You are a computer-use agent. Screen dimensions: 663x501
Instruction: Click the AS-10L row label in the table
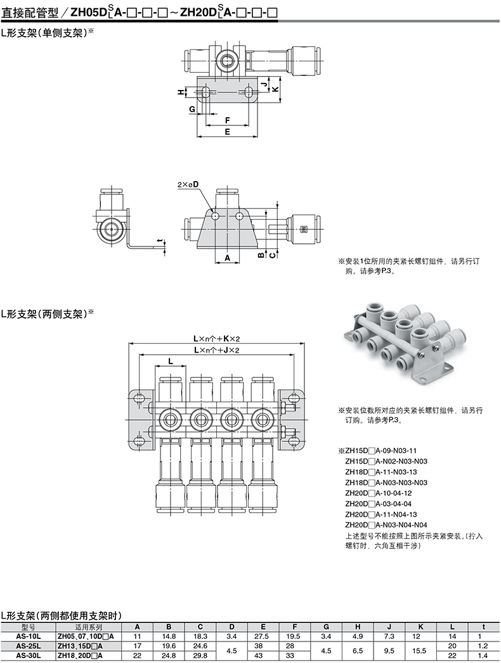click(x=28, y=636)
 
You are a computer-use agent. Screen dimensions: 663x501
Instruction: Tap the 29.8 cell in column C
click(x=200, y=655)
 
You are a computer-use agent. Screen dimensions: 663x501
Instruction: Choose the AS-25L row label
click(x=28, y=645)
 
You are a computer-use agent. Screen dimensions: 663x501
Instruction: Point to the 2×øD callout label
click(x=188, y=184)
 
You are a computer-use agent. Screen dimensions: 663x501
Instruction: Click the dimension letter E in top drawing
click(x=226, y=131)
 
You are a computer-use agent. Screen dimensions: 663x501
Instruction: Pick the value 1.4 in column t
click(x=484, y=655)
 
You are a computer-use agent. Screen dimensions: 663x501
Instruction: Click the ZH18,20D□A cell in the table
click(x=85, y=655)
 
